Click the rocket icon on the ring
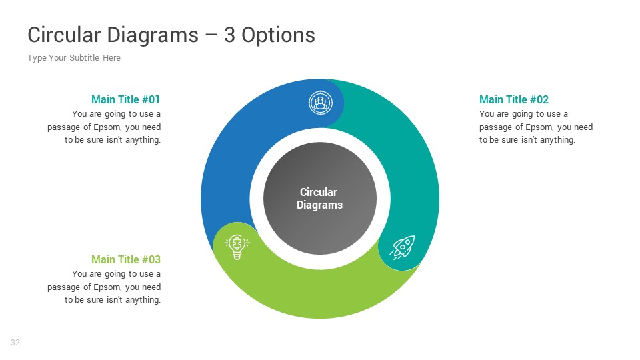coord(403,247)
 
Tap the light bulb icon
coord(236,247)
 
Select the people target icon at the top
coord(321,103)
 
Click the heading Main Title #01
coord(125,99)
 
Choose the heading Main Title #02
coord(513,99)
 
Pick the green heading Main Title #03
coord(125,259)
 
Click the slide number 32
coord(15,343)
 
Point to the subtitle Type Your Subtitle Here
coord(74,58)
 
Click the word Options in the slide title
coord(278,35)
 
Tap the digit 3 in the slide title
coord(229,35)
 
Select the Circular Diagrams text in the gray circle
coord(319,199)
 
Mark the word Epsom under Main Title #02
coord(541,127)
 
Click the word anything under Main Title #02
coord(557,140)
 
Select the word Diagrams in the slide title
coord(154,35)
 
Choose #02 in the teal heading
coord(537,99)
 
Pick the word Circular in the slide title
coord(64,35)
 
